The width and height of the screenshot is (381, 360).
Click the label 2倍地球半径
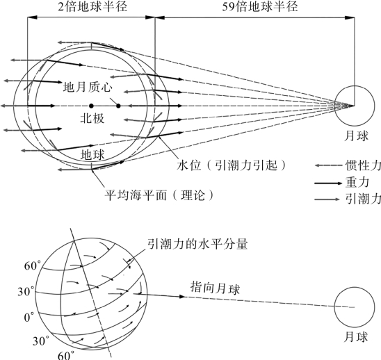pyautogui.click(x=92, y=7)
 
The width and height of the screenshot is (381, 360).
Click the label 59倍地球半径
pyautogui.click(x=260, y=7)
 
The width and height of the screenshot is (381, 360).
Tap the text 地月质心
pyautogui.click(x=88, y=86)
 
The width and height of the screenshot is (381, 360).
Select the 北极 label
pyautogui.click(x=92, y=118)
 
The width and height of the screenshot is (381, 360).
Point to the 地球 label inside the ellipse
pyautogui.click(x=92, y=154)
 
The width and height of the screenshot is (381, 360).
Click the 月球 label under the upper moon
pyautogui.click(x=356, y=136)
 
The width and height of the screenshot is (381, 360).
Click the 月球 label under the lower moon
pyautogui.click(x=356, y=337)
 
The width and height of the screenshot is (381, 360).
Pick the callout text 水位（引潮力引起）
pyautogui.click(x=231, y=166)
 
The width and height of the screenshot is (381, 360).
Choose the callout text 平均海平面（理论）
pyautogui.click(x=159, y=195)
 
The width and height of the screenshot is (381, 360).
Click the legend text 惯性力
pyautogui.click(x=363, y=166)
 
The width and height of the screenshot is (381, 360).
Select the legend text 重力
pyautogui.click(x=357, y=182)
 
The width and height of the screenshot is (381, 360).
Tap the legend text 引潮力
pyautogui.click(x=363, y=199)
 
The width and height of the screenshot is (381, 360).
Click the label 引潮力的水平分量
pyautogui.click(x=197, y=244)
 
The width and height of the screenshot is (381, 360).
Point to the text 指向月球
pyautogui.click(x=215, y=288)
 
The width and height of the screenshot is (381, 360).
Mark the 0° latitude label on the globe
pyautogui.click(x=29, y=317)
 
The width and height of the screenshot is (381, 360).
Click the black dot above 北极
pyautogui.click(x=91, y=106)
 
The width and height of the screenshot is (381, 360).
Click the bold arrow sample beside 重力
pyautogui.click(x=328, y=183)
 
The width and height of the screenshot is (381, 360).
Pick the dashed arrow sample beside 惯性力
pyautogui.click(x=328, y=165)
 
